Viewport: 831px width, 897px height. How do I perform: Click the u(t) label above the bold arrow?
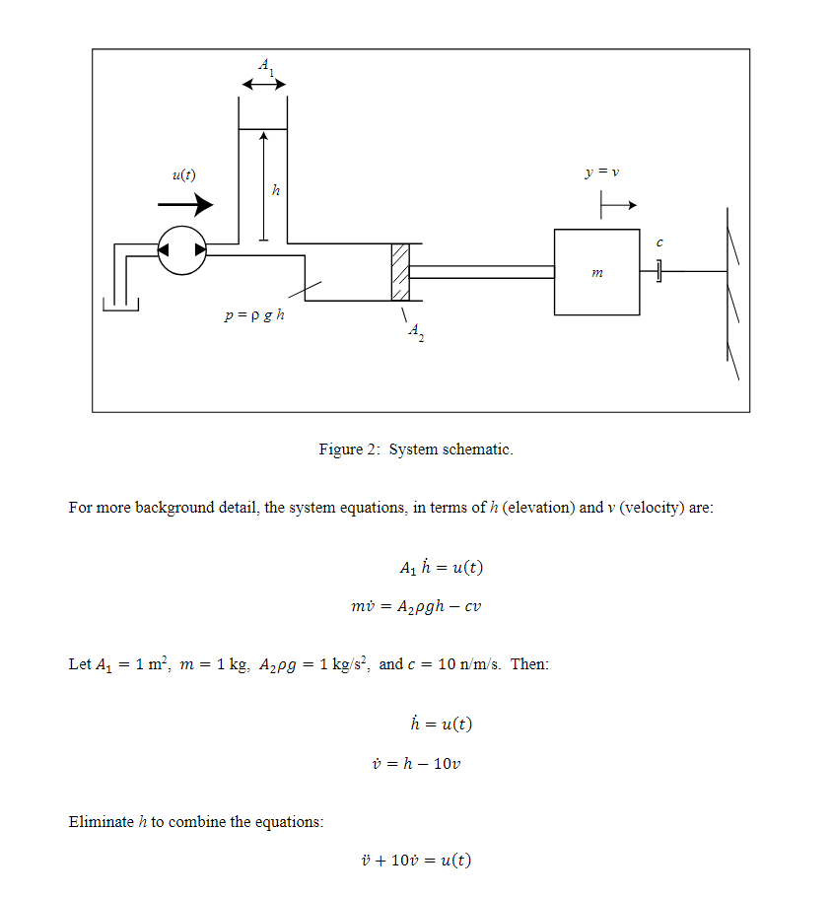[183, 175]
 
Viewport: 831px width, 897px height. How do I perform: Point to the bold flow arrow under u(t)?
[185, 205]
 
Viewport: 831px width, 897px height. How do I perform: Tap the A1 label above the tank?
[264, 66]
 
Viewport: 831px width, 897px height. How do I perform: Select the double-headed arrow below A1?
[263, 86]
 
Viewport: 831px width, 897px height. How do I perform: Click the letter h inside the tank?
[276, 190]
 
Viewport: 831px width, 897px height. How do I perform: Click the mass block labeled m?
[596, 272]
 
